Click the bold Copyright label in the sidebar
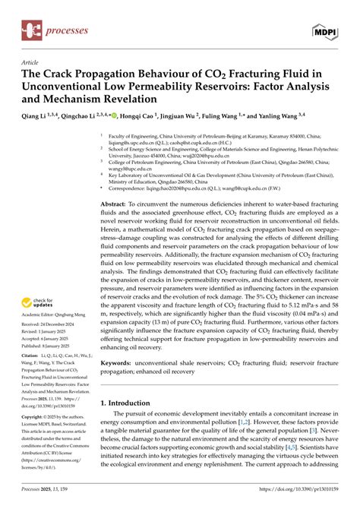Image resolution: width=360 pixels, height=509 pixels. pos(35,397)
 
